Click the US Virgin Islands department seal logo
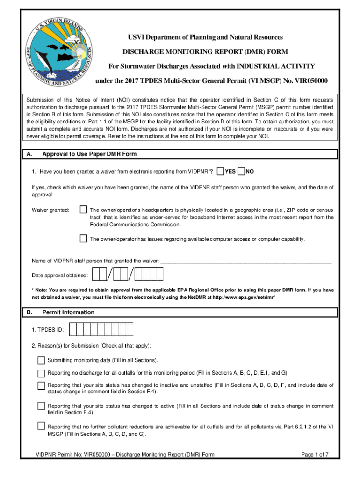coord(56,52)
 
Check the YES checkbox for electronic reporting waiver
coord(220,172)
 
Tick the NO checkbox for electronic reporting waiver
coord(241,172)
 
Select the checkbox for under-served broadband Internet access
coord(83,210)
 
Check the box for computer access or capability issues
coord(83,239)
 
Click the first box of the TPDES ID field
coord(74,330)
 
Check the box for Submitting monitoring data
coord(41,360)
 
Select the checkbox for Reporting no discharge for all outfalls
coord(41,373)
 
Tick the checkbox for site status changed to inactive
coord(41,385)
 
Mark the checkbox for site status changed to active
coord(41,406)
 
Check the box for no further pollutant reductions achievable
coord(41,426)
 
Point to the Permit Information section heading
coord(68,312)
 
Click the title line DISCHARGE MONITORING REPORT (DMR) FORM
coord(205,51)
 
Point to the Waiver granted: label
coord(50,210)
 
